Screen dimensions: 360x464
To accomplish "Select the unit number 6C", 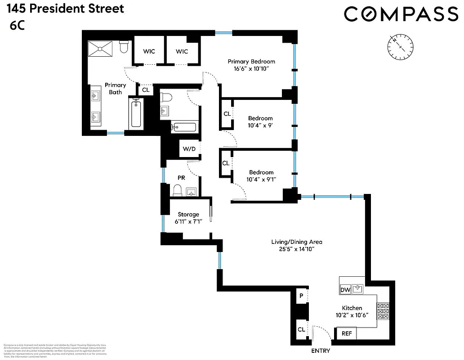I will tap(17, 26).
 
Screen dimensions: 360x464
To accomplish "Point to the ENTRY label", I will tap(321, 351).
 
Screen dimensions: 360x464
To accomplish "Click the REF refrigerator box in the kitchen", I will tap(347, 333).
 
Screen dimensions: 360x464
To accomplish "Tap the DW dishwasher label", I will tap(345, 290).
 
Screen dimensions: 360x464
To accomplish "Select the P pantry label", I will tap(301, 296).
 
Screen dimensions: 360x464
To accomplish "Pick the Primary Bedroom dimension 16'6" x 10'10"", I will tap(251, 69).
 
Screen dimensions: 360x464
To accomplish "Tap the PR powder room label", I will tap(181, 178).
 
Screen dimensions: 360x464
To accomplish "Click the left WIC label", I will tap(149, 52).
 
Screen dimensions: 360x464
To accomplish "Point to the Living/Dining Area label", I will tap(296, 242).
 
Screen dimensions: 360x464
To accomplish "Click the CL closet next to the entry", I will tap(301, 330).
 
